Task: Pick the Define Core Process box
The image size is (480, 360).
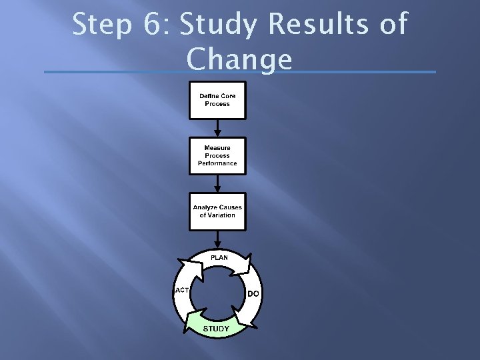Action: click(x=217, y=100)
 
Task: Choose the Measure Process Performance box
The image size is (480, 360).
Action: click(x=217, y=155)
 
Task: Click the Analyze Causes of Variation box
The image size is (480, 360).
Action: click(x=217, y=211)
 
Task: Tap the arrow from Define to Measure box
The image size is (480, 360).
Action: click(x=217, y=127)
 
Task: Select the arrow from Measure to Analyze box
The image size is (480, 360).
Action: click(x=217, y=183)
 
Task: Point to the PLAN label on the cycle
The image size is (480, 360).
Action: click(x=219, y=257)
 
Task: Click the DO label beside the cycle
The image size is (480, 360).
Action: click(x=253, y=293)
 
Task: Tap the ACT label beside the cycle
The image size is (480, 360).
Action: click(x=181, y=290)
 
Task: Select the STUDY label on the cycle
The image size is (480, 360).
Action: click(x=216, y=329)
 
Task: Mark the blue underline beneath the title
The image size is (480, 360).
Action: click(x=239, y=72)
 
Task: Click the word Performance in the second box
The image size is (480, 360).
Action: click(x=217, y=163)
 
